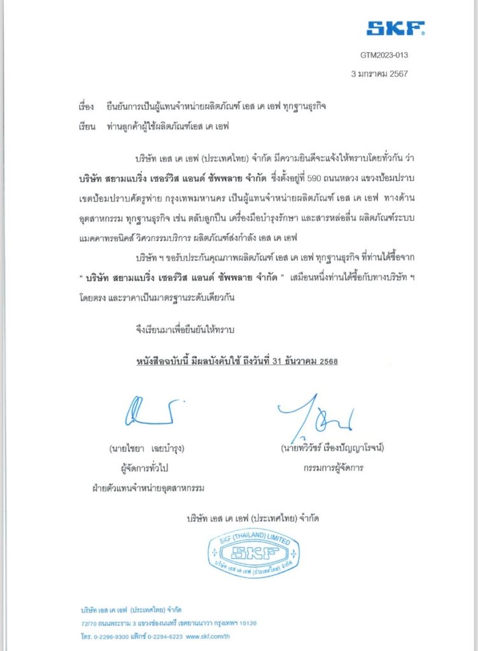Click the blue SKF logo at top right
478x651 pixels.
click(x=395, y=28)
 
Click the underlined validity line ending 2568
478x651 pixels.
click(x=237, y=361)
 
